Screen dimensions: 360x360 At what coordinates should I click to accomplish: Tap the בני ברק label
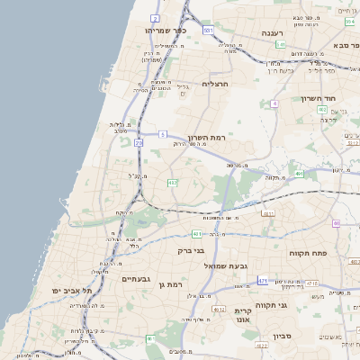click(x=192, y=251)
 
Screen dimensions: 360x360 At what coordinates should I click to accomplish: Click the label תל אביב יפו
click(x=68, y=291)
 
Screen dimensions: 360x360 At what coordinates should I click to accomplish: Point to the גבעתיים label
click(x=139, y=279)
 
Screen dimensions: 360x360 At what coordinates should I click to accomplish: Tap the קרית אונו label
click(x=242, y=314)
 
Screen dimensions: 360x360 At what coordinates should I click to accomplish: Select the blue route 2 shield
click(x=155, y=18)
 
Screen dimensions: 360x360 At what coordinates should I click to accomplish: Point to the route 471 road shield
click(x=262, y=281)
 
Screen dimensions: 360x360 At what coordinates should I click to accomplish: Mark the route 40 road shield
click(x=337, y=223)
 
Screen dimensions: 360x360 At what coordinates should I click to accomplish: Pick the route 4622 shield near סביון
click(x=262, y=345)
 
